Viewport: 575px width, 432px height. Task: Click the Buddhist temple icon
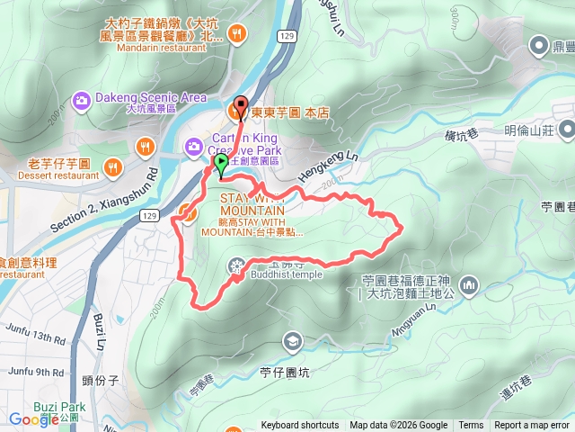click(236, 265)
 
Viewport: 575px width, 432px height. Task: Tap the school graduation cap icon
click(292, 341)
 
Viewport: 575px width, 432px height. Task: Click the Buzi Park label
click(60, 407)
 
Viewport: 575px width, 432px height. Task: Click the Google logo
click(33, 418)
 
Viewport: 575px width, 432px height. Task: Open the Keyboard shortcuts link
click(299, 426)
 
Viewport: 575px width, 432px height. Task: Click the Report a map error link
click(531, 426)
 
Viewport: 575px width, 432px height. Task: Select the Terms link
click(471, 426)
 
